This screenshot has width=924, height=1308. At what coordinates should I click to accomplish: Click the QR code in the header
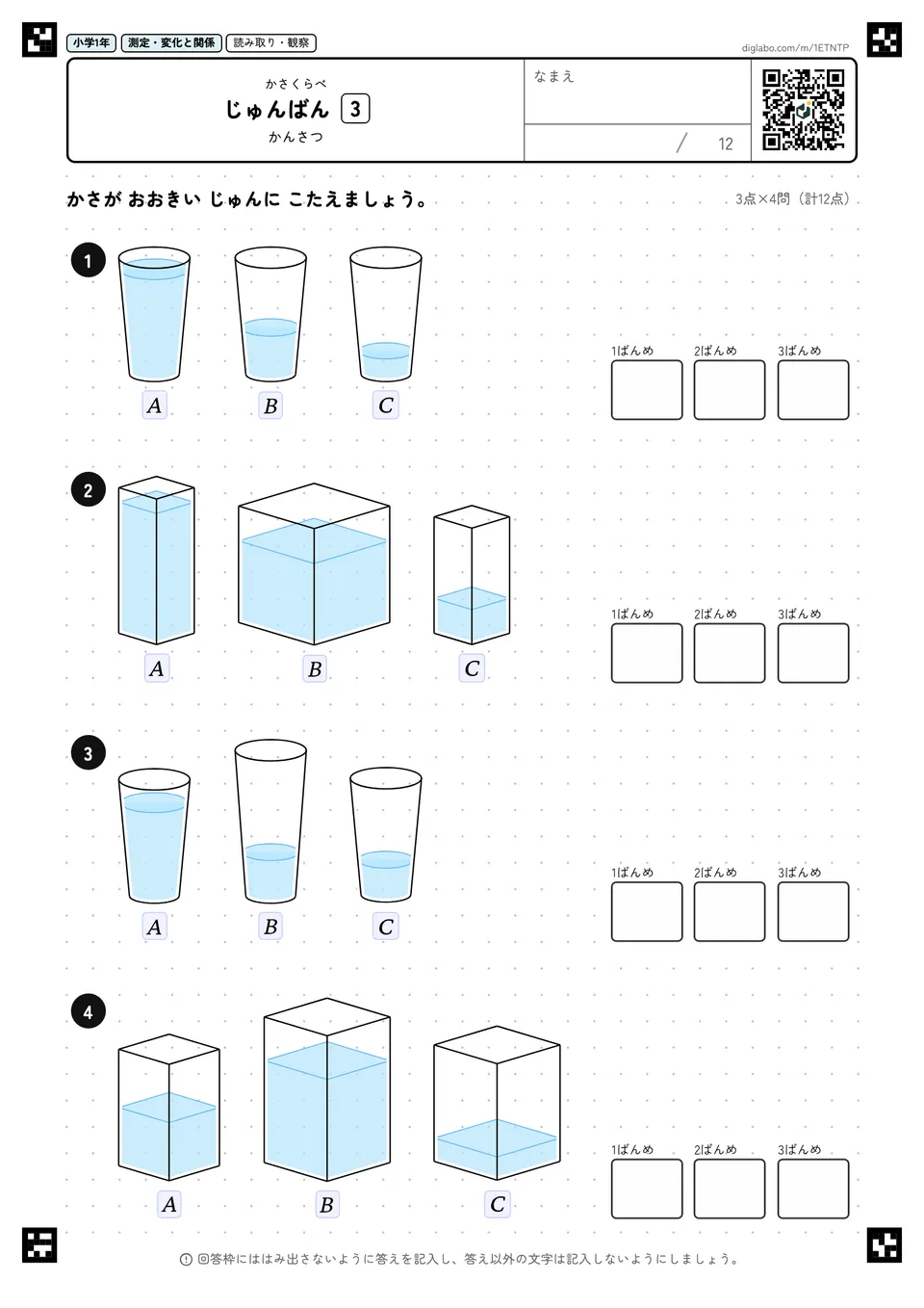pos(804,110)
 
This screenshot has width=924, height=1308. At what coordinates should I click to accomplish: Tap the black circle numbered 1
pos(89,260)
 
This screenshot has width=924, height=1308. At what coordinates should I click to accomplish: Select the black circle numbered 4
pos(89,1011)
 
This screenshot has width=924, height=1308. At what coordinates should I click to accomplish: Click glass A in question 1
pos(154,314)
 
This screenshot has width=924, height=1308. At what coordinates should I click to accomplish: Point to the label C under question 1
pos(386,405)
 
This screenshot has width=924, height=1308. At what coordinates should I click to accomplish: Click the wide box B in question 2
pos(314,564)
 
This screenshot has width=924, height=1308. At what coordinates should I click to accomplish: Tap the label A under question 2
pos(156,668)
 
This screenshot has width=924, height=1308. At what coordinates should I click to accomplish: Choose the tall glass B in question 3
pos(270,821)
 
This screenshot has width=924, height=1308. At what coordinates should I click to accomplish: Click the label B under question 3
pos(270,927)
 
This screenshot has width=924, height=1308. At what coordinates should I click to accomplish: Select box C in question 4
pos(497,1103)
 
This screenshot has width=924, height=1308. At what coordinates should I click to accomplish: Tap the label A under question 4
pos(169,1204)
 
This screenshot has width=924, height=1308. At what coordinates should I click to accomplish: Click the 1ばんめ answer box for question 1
pos(647,390)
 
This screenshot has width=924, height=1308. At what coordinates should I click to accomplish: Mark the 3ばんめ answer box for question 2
pos(813,653)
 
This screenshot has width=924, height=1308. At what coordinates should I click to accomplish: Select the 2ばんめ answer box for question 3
pos(730,911)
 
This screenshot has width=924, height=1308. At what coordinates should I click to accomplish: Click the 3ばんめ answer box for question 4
pos(813,1189)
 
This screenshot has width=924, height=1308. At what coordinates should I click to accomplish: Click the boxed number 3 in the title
pos(355,109)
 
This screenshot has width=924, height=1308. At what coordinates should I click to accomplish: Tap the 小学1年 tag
pos(91,43)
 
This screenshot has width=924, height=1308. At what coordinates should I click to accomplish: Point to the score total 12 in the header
pos(726,144)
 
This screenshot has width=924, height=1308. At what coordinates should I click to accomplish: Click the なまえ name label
pos(554,76)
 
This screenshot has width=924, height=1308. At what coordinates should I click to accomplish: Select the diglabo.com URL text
pos(795,48)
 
